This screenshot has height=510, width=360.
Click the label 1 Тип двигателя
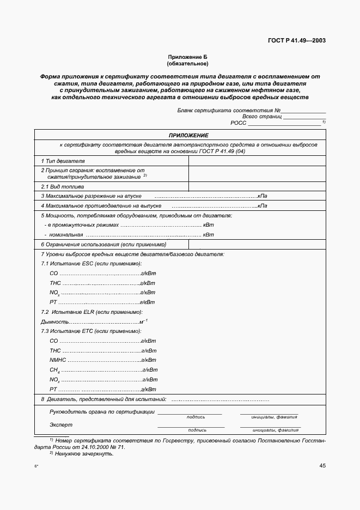63,161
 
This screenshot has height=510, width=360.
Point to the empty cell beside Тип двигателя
257,161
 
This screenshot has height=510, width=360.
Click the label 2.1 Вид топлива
63,186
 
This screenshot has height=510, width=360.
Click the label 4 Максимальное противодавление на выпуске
101,206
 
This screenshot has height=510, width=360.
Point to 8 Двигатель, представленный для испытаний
103,400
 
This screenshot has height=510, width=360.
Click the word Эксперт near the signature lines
60,424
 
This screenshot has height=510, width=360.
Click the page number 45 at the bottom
322,465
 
